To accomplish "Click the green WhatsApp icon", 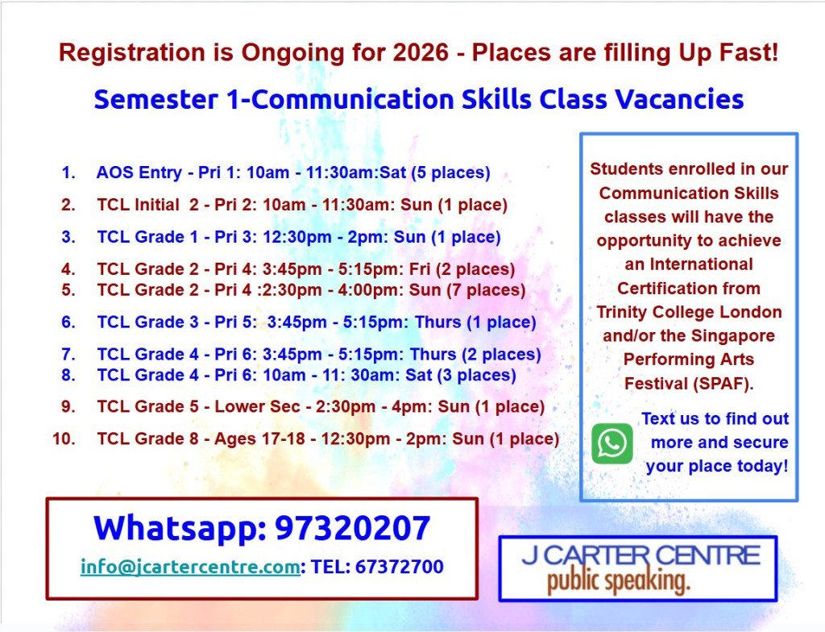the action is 612,443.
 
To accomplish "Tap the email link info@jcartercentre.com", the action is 190,567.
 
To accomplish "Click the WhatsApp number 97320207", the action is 353,528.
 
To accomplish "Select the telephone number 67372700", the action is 400,567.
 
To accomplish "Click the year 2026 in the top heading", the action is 421,52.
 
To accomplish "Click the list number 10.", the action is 64,439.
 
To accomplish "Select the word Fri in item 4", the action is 420,269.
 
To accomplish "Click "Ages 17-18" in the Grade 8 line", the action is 259,439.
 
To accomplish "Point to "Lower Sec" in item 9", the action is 257,406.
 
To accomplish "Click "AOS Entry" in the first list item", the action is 139,173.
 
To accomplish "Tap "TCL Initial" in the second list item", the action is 138,205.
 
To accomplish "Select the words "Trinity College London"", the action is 689,312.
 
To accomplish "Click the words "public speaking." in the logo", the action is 618,581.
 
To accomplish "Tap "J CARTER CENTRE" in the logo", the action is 641,555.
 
